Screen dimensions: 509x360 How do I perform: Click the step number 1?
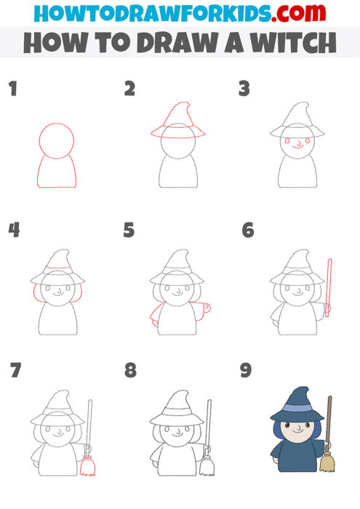[12, 90]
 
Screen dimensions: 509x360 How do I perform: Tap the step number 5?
[129, 231]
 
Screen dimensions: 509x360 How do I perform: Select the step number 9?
[246, 371]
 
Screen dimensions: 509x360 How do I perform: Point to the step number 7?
[15, 371]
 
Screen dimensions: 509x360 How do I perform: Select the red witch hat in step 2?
[178, 121]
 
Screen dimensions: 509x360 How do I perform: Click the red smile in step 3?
[298, 146]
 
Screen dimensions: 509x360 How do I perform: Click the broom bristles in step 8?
[208, 465]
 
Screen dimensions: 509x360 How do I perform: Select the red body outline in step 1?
[56, 171]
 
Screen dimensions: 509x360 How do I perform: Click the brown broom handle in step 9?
[329, 422]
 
